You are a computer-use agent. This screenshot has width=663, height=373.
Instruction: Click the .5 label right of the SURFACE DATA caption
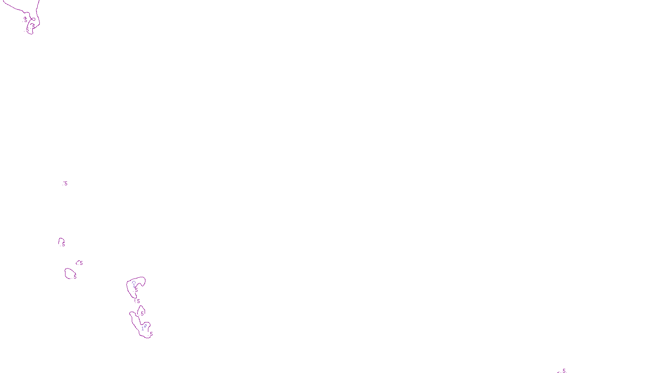[564, 371]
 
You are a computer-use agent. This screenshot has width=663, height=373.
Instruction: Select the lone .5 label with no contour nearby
[65, 183]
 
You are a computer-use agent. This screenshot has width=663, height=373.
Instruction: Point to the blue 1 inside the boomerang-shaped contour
[134, 285]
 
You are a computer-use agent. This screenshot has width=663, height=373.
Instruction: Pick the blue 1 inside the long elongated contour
[143, 329]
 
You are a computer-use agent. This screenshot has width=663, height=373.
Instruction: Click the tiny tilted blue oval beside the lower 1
[145, 326]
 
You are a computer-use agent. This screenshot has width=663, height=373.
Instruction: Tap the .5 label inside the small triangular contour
[142, 314]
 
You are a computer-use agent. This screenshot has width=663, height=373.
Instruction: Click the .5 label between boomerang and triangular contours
[138, 301]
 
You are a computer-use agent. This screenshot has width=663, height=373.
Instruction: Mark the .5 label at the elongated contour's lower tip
[151, 334]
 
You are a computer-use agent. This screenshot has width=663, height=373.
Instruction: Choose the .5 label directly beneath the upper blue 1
[136, 290]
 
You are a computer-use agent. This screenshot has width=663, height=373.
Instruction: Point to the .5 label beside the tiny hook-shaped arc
[81, 263]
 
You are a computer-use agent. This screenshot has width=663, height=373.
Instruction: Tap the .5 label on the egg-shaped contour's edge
[75, 276]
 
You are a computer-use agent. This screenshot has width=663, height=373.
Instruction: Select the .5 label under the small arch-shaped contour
[63, 245]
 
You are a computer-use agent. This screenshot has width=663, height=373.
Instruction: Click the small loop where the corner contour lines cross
[33, 19]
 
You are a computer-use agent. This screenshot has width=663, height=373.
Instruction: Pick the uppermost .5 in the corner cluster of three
[25, 19]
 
